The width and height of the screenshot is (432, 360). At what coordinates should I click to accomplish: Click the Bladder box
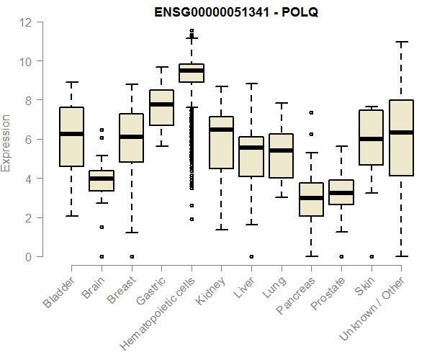click(71, 137)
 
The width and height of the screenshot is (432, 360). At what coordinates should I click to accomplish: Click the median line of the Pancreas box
click(311, 198)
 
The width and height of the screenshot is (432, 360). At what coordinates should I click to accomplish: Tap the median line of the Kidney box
click(221, 130)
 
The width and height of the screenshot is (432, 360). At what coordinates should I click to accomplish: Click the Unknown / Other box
click(401, 138)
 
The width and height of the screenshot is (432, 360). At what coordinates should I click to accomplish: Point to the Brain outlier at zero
click(102, 256)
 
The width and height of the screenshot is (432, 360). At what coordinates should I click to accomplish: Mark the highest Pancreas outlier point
click(311, 112)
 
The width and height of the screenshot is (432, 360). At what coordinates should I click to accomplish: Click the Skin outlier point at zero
click(371, 256)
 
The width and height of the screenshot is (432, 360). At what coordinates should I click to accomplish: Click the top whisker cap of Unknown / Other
click(401, 42)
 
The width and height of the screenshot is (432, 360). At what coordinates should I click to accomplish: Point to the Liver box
click(251, 156)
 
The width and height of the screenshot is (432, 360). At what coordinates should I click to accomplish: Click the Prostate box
click(341, 192)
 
